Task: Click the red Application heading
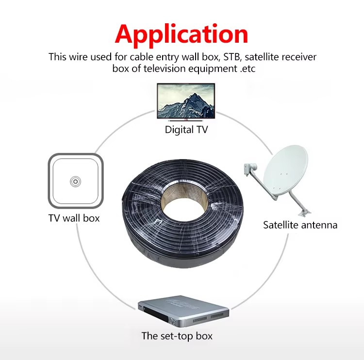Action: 182,35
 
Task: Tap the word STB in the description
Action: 232,57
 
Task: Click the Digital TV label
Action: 186,130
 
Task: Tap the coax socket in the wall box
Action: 75,181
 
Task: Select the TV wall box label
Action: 74,218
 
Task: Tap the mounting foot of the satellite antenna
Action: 305,213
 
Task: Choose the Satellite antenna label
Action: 300,225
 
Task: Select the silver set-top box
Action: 183,311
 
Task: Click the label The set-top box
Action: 177,336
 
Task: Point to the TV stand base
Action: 186,121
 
